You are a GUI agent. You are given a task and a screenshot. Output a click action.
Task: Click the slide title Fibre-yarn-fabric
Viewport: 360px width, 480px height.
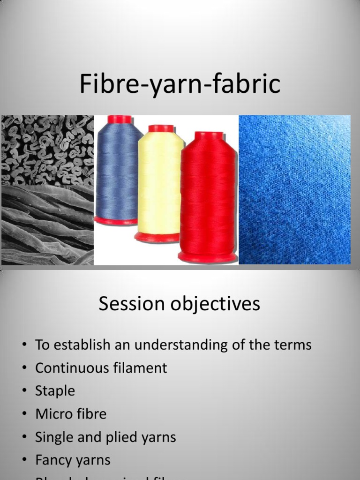[x=180, y=85]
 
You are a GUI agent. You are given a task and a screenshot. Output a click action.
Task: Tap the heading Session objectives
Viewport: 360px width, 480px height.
[x=180, y=304]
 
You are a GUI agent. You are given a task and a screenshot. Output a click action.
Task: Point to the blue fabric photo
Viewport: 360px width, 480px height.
[x=294, y=190]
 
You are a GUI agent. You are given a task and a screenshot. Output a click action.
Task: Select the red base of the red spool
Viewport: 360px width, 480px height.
[x=208, y=256]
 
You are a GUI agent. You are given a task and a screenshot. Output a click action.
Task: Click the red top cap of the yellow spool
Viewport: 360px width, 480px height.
[x=161, y=128]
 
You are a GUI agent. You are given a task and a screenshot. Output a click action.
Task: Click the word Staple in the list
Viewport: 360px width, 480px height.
[x=55, y=391]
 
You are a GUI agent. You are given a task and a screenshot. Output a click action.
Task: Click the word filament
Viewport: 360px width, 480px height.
[x=141, y=368]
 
